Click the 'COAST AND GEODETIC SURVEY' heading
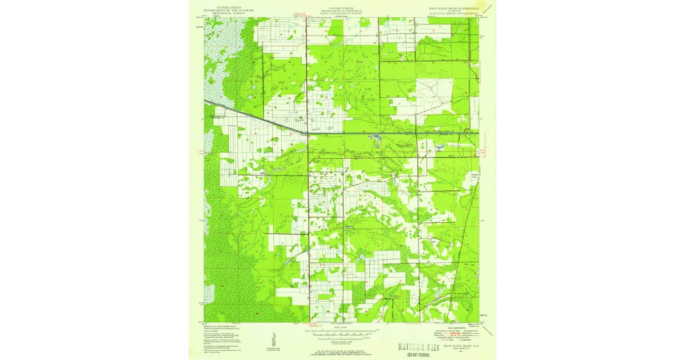tap(343, 13)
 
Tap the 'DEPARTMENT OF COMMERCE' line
tap(343, 10)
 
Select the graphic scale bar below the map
tap(343, 331)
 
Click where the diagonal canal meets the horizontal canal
tap(308, 133)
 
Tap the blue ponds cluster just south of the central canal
tap(375, 138)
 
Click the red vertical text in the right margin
tap(484, 151)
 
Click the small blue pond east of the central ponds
tap(439, 147)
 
